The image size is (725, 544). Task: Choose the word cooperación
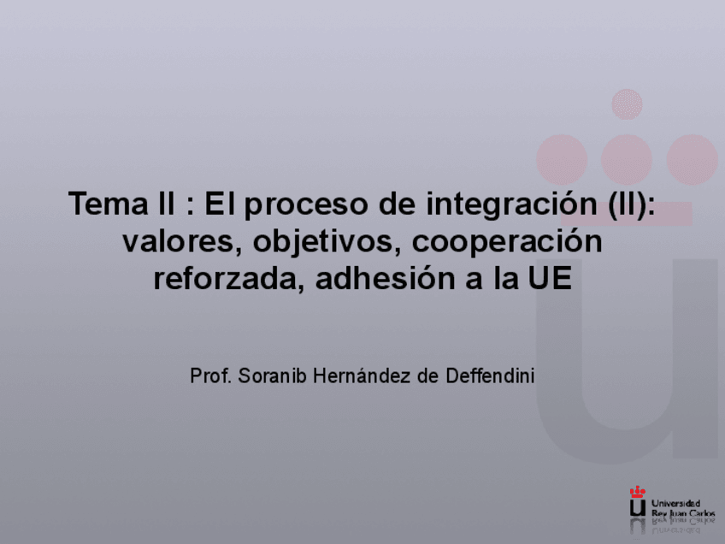(508, 242)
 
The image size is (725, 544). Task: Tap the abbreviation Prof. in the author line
(209, 375)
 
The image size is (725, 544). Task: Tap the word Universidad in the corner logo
(675, 504)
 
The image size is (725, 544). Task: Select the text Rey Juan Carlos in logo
(682, 512)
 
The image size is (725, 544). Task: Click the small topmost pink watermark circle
(627, 103)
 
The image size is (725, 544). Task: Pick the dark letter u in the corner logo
(637, 507)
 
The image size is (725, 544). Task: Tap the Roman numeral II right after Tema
(156, 204)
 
